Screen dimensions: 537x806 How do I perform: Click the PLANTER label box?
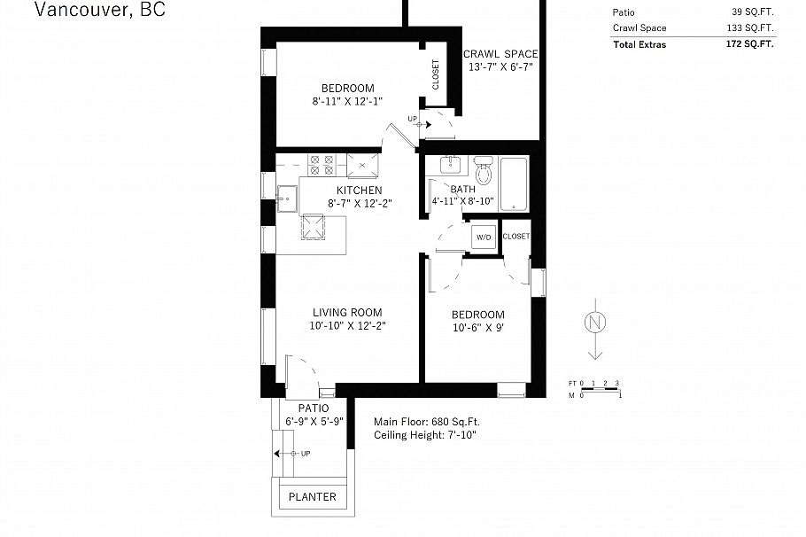click(313, 497)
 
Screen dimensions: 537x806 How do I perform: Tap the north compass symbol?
click(596, 322)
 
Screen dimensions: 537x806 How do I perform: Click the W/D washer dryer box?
click(484, 237)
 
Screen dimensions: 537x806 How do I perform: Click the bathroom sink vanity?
click(449, 164)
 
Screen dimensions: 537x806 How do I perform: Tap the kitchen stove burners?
click(320, 164)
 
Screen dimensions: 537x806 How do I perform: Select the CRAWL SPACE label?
click(500, 54)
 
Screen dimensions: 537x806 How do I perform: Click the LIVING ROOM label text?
click(347, 312)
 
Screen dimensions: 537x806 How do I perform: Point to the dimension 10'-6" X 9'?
click(478, 329)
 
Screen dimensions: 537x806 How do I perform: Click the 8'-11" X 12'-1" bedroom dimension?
click(347, 102)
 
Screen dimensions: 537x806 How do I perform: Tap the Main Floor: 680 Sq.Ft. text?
click(427, 422)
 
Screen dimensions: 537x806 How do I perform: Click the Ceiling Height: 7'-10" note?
click(430, 435)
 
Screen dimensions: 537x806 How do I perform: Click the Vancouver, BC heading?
click(99, 10)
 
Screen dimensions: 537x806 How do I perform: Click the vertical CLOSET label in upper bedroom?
click(435, 74)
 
